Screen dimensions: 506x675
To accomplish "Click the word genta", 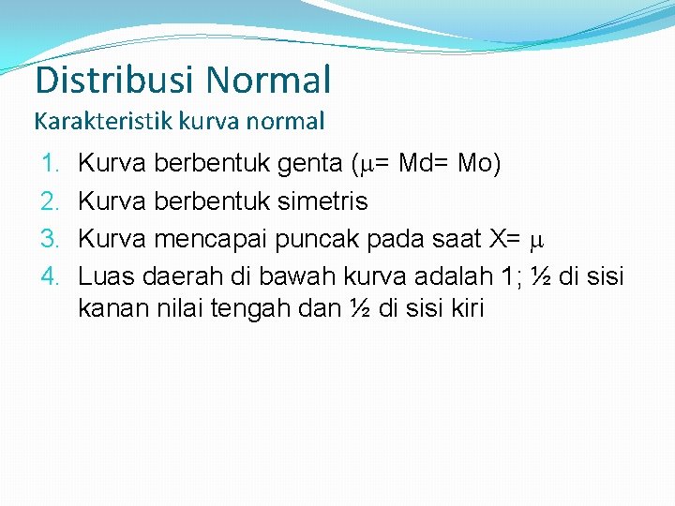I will pyautogui.click(x=310, y=166).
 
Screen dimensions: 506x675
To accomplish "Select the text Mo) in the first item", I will pyautogui.click(x=479, y=164).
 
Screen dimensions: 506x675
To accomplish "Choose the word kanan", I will pyautogui.click(x=106, y=307).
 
